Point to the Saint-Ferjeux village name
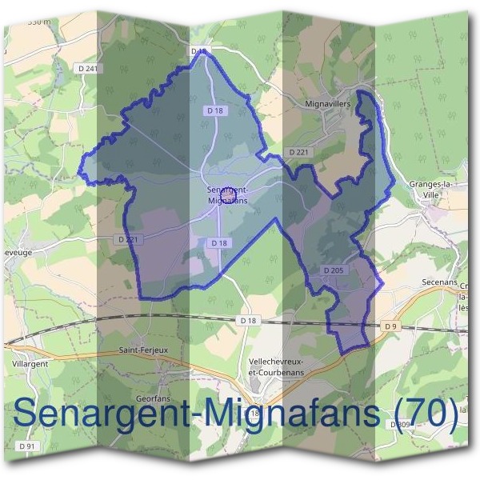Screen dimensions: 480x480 click(x=142, y=350)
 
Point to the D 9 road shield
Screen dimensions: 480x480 click(x=390, y=326)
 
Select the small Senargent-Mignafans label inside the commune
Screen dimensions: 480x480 click(x=228, y=196)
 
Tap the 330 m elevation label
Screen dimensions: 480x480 click(x=38, y=22)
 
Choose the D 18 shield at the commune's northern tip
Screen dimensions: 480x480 click(x=198, y=51)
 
